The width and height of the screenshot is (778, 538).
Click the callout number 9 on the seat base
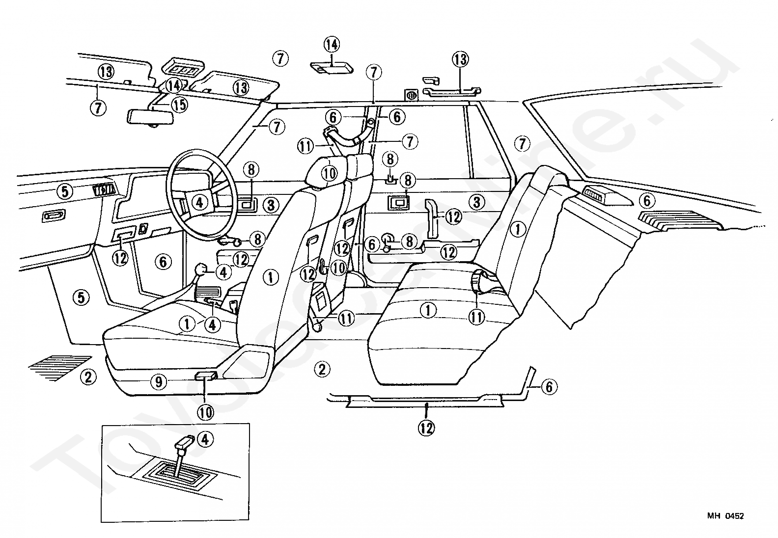coord(158,381)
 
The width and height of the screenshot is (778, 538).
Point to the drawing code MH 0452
coord(725,516)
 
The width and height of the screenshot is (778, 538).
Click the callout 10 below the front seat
coord(206,411)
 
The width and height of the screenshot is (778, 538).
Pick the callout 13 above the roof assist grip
coord(460,60)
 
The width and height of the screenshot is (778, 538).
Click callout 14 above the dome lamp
coord(331,45)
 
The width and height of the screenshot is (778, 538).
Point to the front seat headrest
coord(325,169)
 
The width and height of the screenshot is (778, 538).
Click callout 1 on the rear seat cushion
coord(428,310)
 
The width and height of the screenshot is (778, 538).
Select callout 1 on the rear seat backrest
coord(518,228)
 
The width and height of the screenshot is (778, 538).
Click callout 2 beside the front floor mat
coord(88,377)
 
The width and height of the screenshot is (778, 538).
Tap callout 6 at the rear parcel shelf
coord(646,201)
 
